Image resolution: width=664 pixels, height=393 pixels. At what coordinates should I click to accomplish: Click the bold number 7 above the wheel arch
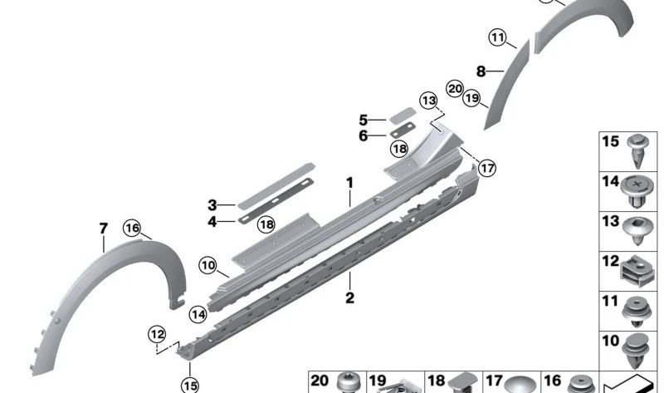coord(104,228)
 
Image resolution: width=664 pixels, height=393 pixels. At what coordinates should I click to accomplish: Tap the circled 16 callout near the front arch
coord(132,228)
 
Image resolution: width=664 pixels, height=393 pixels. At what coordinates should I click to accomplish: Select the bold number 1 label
coord(349,183)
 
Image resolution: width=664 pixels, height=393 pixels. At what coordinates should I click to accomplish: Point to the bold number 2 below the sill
coord(349,297)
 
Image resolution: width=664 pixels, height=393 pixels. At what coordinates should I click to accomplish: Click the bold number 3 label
coord(212,205)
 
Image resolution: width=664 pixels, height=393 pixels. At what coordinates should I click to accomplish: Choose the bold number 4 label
coord(212,222)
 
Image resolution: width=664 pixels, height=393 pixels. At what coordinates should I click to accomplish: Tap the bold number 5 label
coord(364,120)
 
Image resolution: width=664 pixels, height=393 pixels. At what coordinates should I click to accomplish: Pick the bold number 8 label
coord(481,71)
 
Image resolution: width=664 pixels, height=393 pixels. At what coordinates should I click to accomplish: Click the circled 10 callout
coord(208,266)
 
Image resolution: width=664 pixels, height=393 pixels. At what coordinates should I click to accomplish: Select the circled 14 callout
coord(198,315)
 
